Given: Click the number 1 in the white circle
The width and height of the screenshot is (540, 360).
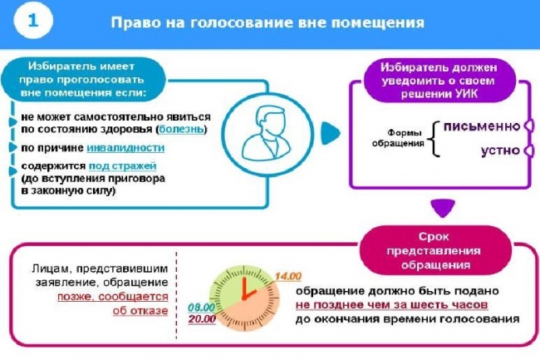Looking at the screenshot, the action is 33,20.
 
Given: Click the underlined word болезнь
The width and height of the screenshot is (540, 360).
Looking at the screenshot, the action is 181,130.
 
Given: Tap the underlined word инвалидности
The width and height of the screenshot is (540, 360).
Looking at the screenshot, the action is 125,148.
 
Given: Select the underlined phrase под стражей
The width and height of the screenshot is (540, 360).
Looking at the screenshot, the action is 123,166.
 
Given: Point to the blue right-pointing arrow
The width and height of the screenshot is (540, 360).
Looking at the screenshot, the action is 330,133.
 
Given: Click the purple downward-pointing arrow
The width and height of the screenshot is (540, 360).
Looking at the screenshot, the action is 444,209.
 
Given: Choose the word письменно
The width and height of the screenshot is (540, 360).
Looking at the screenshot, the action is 482,126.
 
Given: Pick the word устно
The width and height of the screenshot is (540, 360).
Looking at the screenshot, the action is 500,150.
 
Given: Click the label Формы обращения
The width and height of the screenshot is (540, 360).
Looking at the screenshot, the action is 398,138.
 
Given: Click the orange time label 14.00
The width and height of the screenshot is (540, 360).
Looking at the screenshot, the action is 288,276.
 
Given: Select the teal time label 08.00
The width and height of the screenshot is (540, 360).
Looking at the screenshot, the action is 202,307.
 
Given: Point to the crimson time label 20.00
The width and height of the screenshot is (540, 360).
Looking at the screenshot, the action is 202,319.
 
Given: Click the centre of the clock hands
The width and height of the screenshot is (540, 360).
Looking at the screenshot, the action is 244,298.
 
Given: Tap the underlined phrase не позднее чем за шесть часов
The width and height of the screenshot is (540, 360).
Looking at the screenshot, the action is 391,305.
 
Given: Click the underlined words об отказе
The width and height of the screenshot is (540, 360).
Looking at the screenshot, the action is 140,310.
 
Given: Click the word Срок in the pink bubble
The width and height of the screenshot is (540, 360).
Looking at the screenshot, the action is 434,237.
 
